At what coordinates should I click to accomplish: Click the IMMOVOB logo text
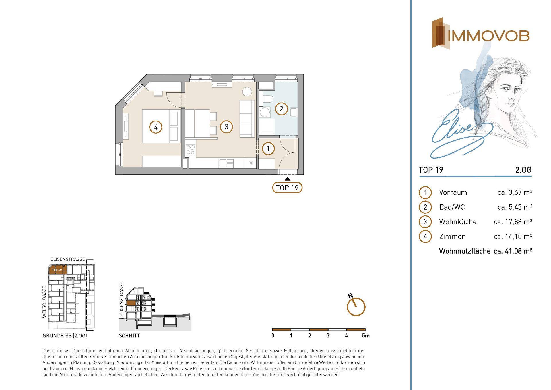(x=488, y=36)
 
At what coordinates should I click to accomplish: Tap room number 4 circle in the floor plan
(x=156, y=127)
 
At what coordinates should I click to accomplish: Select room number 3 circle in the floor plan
(x=226, y=127)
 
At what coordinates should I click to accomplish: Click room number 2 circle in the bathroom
(x=281, y=109)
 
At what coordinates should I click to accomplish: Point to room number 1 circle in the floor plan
(x=268, y=149)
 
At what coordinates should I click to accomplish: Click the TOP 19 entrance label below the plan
(x=287, y=188)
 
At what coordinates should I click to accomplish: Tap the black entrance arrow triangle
(x=288, y=179)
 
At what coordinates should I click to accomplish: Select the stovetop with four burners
(x=190, y=150)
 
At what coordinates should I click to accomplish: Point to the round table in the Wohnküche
(x=247, y=92)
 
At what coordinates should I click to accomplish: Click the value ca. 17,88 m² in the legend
(x=513, y=222)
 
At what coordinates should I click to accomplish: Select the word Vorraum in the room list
(x=453, y=192)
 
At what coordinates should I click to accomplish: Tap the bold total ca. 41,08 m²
(x=513, y=251)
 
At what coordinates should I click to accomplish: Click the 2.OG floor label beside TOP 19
(x=523, y=170)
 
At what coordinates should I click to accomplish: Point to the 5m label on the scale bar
(x=366, y=335)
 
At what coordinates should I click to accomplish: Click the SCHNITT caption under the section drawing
(x=129, y=335)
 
